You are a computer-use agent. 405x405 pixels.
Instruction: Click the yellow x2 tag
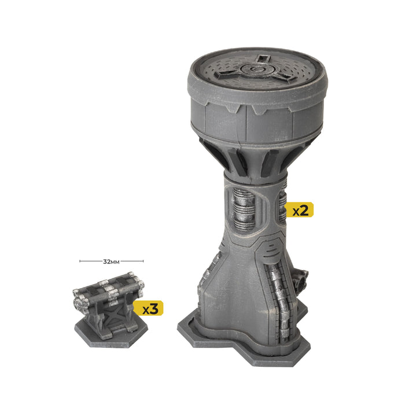point(300,209)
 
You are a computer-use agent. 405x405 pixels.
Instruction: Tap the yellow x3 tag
point(149,308)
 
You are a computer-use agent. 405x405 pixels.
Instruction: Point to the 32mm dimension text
point(111,262)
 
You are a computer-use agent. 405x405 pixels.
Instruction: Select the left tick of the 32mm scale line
point(80,262)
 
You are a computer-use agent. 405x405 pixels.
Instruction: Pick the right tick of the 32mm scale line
point(143,262)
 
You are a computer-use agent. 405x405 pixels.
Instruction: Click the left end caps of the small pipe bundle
point(77,300)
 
